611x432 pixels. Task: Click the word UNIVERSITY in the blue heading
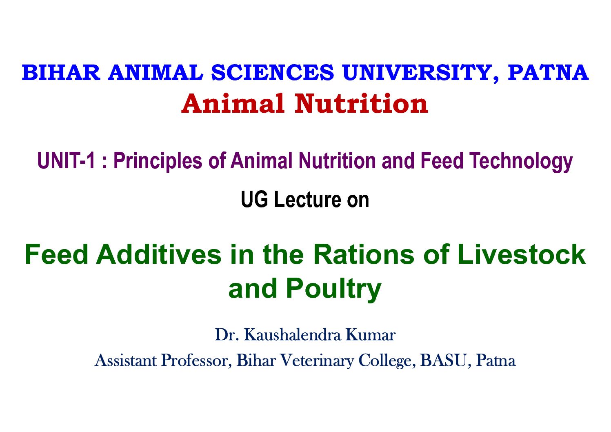421,73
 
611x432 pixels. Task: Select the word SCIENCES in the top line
273,73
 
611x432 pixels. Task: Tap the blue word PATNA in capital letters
548,73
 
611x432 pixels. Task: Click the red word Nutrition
361,104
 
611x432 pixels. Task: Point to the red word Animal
233,104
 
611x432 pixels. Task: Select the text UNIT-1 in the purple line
66,160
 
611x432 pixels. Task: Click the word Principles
158,161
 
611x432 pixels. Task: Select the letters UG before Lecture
255,200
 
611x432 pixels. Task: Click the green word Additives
159,254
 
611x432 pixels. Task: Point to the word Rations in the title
364,254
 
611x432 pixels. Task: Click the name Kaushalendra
292,334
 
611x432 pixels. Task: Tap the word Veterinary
317,361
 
